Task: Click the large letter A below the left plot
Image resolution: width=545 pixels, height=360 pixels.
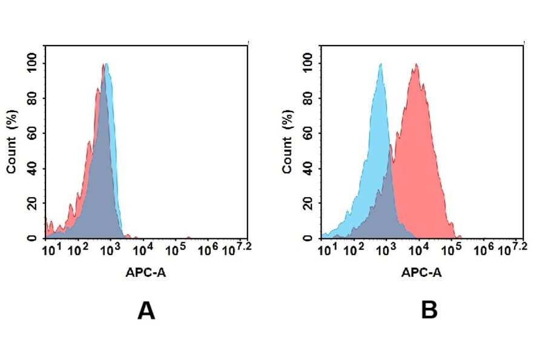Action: pyautogui.click(x=147, y=311)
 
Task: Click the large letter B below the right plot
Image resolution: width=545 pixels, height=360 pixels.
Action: pyautogui.click(x=429, y=311)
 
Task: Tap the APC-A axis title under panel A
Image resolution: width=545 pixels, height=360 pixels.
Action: pyautogui.click(x=147, y=273)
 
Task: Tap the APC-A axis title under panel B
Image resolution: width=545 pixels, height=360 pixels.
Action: pyautogui.click(x=421, y=273)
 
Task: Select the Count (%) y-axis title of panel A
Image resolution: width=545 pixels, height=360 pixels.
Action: pyautogui.click(x=12, y=142)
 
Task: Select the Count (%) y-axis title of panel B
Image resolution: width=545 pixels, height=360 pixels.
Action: pyautogui.click(x=287, y=142)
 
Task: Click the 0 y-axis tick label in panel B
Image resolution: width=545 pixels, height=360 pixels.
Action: pyautogui.click(x=309, y=238)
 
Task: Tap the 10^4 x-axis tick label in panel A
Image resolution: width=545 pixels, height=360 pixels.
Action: pyautogui.click(x=142, y=249)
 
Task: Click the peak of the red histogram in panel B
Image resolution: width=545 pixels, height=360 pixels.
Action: pyautogui.click(x=416, y=64)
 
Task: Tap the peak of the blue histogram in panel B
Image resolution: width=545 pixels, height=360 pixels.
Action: pyautogui.click(x=380, y=64)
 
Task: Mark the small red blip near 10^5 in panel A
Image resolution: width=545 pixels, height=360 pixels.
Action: pyautogui.click(x=189, y=237)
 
